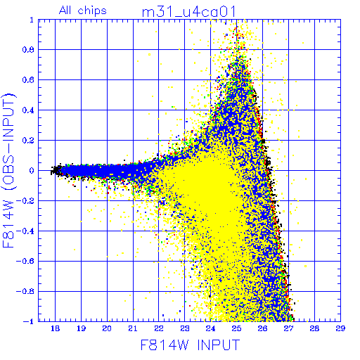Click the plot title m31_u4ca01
pyautogui.click(x=188, y=12)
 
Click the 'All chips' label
pyautogui.click(x=83, y=11)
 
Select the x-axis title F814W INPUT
pyautogui.click(x=191, y=345)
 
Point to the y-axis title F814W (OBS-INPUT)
pyautogui.click(x=9, y=171)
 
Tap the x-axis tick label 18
pyautogui.click(x=55, y=329)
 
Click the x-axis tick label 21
pyautogui.click(x=133, y=329)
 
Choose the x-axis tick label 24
pyautogui.click(x=210, y=329)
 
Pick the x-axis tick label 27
pyautogui.click(x=288, y=329)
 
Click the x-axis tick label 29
pyautogui.click(x=340, y=329)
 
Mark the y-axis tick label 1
pyautogui.click(x=32, y=20)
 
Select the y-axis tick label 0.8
pyautogui.click(x=28, y=50)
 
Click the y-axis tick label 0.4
pyautogui.click(x=28, y=110)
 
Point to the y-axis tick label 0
pyautogui.click(x=32, y=171)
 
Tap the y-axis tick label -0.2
pyautogui.click(x=25, y=201)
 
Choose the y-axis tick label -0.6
pyautogui.click(x=25, y=262)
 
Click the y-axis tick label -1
pyautogui.click(x=29, y=321)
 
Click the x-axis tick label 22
pyautogui.click(x=159, y=329)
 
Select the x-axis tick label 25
pyautogui.click(x=236, y=329)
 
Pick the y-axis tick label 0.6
pyautogui.click(x=28, y=80)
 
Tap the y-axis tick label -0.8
pyautogui.click(x=25, y=292)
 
